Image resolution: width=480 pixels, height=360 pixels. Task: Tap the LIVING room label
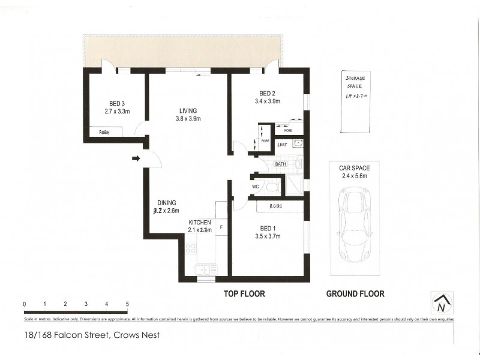pos(188,110)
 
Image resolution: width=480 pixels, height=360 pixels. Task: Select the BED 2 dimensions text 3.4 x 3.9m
pos(267,101)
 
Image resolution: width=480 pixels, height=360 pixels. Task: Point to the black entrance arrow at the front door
pos(136,159)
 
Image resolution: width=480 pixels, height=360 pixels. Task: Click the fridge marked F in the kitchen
pos(221,228)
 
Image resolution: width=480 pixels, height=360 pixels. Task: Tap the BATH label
pos(281,164)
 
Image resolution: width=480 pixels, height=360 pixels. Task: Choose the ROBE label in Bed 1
pos(277,206)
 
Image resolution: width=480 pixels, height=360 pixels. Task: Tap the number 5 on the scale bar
pos(127,304)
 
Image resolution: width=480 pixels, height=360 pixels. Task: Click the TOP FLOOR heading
pos(244,294)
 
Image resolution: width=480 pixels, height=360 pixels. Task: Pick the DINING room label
pos(166,203)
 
